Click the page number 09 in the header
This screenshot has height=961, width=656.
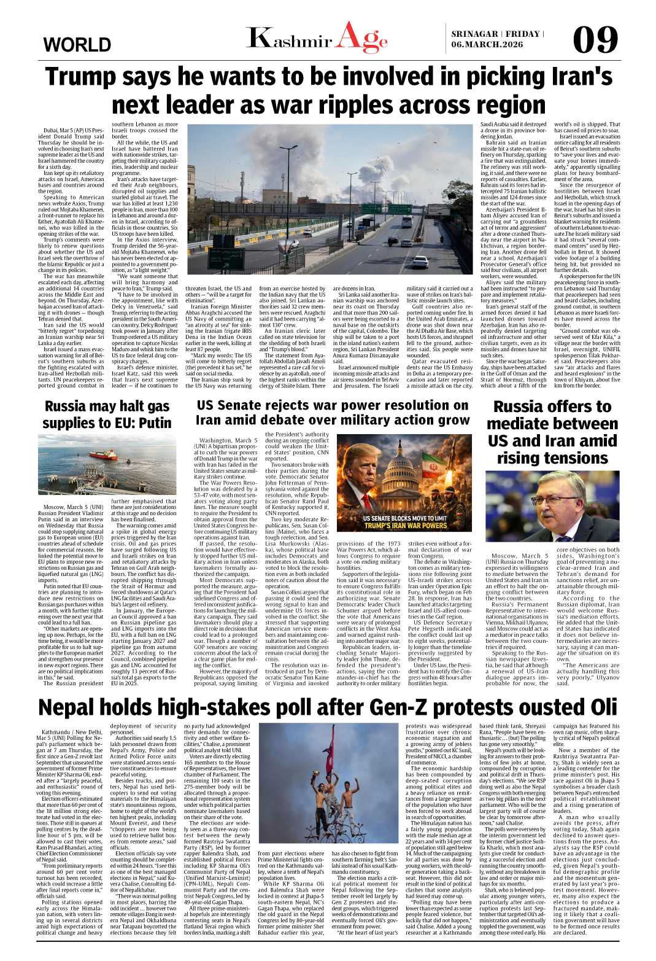pyautogui.click(x=595, y=40)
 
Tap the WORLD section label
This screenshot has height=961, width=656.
pyautogui.click(x=77, y=45)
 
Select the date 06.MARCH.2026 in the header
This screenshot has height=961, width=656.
pyautogui.click(x=487, y=45)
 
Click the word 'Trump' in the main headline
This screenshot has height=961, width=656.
pyautogui.click(x=90, y=78)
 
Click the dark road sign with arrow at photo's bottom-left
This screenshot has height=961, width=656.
pyautogui.click(x=226, y=258)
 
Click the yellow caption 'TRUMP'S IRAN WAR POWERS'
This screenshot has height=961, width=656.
pyautogui.click(x=405, y=526)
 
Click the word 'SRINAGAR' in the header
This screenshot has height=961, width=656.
pyautogui.click(x=474, y=34)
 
